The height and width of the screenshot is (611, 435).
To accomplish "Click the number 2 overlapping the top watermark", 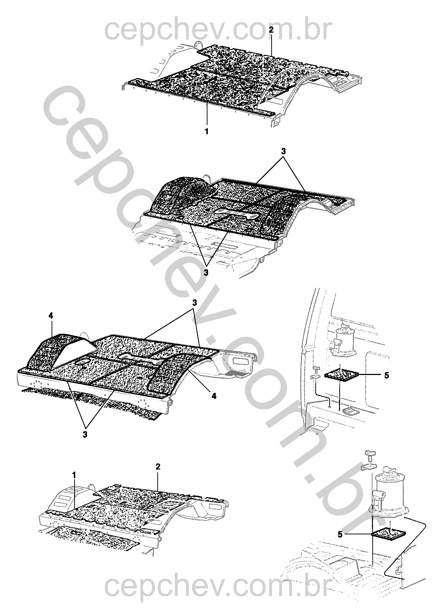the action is [271, 30].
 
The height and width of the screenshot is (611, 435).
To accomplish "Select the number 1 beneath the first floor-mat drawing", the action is [207, 131].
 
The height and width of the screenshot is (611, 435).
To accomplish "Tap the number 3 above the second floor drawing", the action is [283, 151].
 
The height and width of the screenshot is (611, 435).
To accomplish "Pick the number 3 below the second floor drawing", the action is [206, 273].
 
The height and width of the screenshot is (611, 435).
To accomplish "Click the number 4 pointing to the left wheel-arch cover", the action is [51, 316].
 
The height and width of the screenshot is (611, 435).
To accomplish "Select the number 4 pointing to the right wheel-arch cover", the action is [214, 396].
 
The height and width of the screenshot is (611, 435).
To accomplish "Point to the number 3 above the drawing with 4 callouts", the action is [195, 303].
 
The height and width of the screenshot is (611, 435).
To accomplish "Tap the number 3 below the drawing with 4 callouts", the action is [85, 434].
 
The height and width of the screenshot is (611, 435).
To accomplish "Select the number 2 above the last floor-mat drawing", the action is [158, 467].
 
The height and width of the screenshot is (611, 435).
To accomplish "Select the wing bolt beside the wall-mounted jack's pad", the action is [316, 369].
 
